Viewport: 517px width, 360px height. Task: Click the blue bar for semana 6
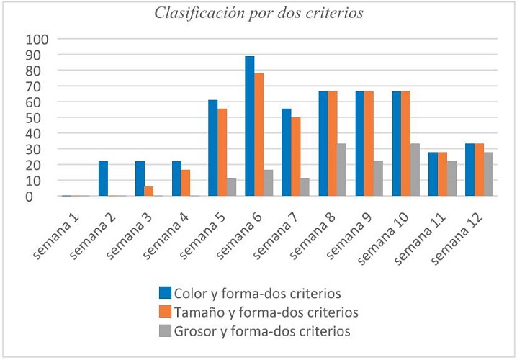tap(250, 126)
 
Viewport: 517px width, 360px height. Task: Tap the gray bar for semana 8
tap(341, 170)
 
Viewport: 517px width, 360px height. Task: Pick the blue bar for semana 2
tap(103, 179)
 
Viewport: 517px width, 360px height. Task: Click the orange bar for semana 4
tap(186, 183)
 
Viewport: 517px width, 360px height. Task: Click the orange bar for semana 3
tap(149, 192)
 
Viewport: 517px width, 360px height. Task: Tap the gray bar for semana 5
tap(231, 187)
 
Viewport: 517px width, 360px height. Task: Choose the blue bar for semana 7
tap(287, 153)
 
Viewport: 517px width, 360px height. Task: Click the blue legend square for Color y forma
tap(165, 293)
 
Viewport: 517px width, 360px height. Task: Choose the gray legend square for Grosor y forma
tap(165, 331)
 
